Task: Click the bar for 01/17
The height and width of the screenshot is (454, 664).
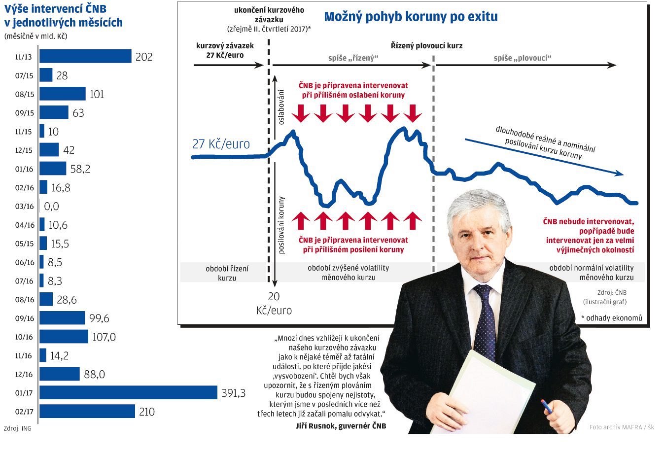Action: (x=128, y=393)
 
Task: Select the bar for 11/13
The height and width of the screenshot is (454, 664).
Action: (x=85, y=57)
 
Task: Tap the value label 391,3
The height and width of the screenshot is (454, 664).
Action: (x=234, y=393)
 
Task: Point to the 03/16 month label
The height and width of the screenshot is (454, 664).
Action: (x=24, y=207)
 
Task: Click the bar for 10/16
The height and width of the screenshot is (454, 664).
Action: (x=64, y=337)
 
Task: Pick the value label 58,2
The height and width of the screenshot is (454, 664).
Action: (x=80, y=169)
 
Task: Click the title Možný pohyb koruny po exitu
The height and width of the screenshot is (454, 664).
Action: (x=411, y=17)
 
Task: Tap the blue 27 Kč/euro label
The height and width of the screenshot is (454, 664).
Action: (x=221, y=144)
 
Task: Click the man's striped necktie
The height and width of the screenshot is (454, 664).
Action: (x=485, y=320)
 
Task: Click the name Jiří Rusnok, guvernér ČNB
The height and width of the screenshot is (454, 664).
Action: (x=341, y=426)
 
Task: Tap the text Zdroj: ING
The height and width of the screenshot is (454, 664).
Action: (x=17, y=428)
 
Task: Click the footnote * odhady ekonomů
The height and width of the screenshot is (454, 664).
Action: (x=611, y=318)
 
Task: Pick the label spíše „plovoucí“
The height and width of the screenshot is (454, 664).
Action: (x=523, y=58)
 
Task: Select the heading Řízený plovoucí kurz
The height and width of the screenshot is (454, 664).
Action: (x=426, y=46)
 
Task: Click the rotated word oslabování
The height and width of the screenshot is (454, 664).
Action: (x=281, y=106)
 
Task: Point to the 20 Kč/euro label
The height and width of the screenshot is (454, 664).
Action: (x=274, y=303)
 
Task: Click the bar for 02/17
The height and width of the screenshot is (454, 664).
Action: (x=87, y=411)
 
